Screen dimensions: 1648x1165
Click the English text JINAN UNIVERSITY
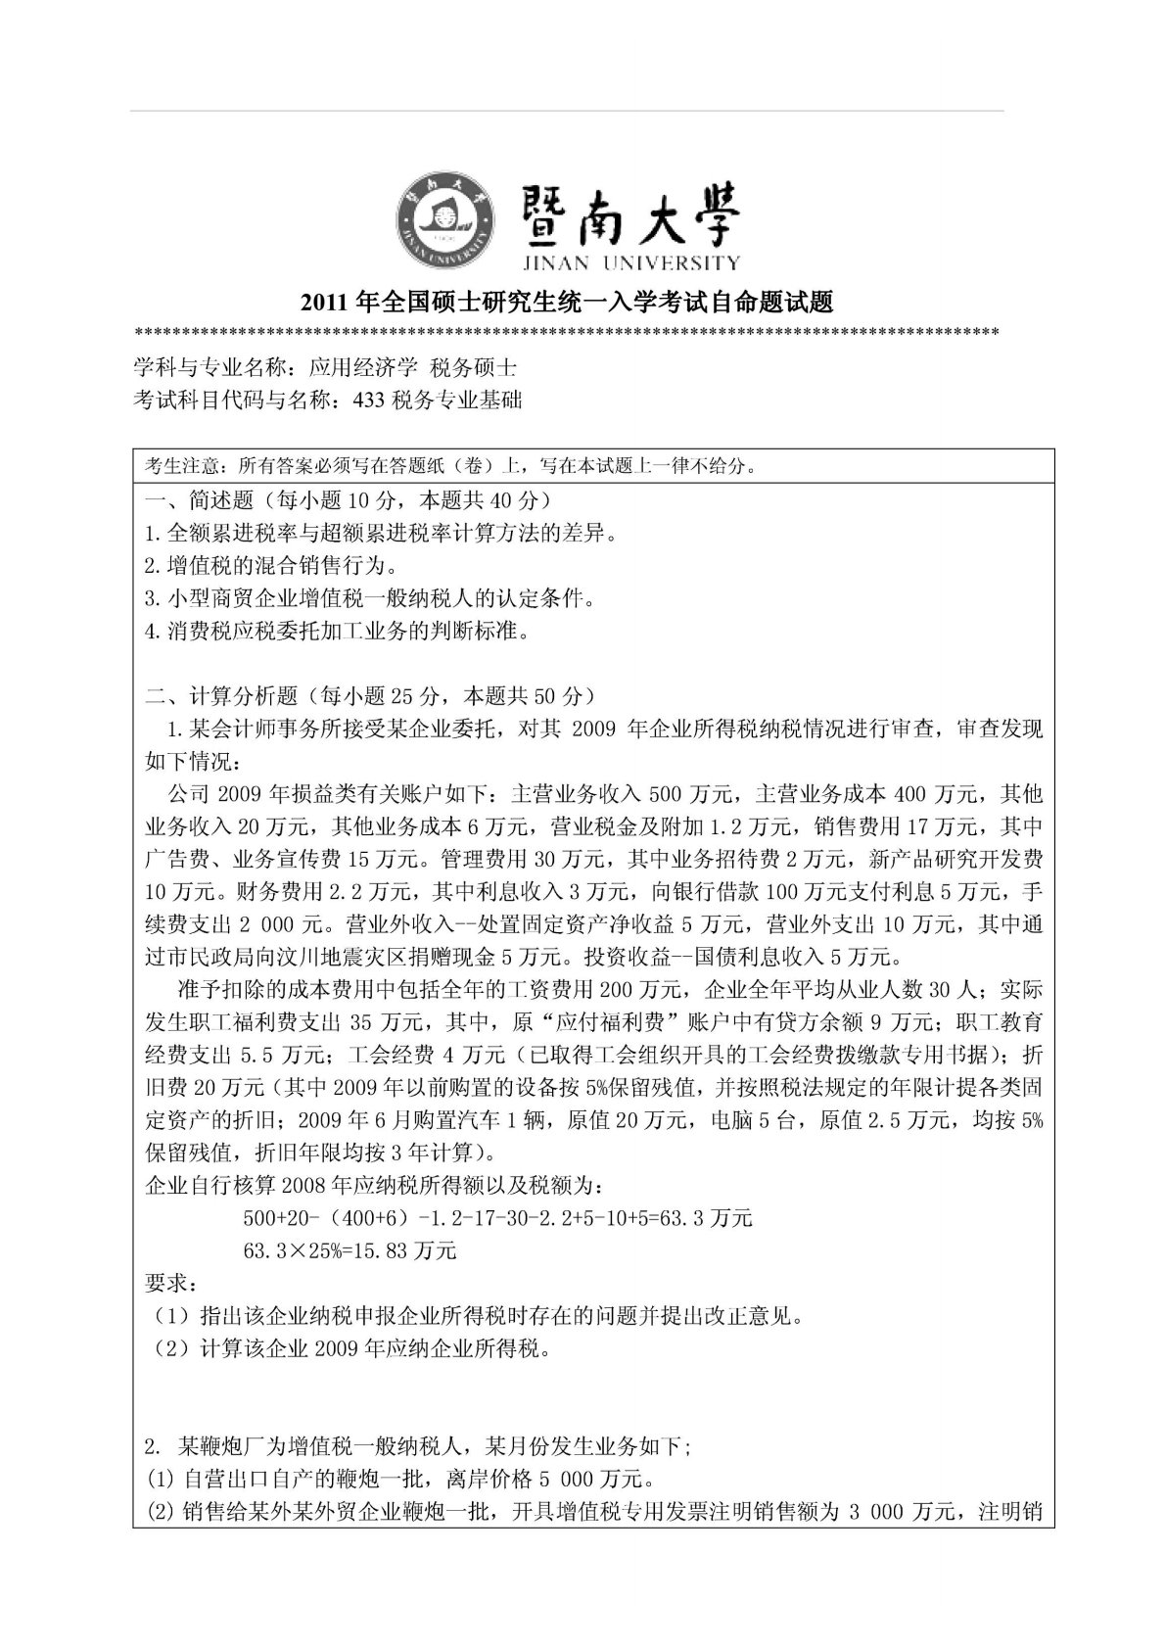[628, 262]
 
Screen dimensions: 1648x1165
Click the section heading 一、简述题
[190, 500]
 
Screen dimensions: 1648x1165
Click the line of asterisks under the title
[566, 330]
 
